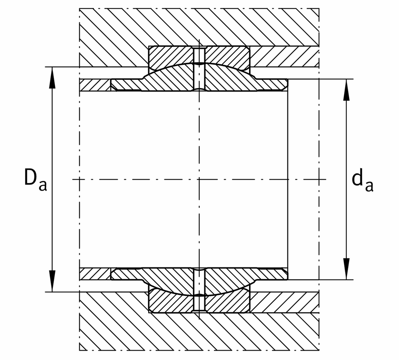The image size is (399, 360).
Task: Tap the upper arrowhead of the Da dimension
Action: [x=52, y=78]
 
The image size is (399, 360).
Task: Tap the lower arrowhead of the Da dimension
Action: [x=52, y=281]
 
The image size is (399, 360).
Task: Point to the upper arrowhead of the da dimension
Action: [x=346, y=90]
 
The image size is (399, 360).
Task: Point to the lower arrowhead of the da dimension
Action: [x=346, y=269]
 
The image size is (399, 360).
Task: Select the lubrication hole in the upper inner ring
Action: [x=199, y=78]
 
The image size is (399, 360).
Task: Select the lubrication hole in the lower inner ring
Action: [x=199, y=281]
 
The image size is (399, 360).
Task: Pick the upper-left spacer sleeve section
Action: [x=95, y=85]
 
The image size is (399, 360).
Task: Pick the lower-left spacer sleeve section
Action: [x=95, y=274]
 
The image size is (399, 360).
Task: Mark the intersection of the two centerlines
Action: [x=199, y=180]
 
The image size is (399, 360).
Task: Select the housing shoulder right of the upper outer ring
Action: [x=284, y=57]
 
